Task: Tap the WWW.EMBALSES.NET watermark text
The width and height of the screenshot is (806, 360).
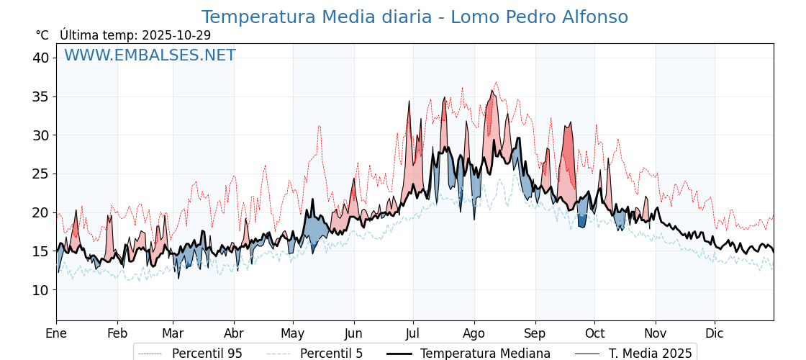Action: tap(150, 55)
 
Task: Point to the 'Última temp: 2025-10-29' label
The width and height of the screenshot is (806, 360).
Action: tap(135, 35)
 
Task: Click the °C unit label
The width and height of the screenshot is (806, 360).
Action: tap(42, 35)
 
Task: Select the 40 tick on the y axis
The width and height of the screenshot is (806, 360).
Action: tap(40, 58)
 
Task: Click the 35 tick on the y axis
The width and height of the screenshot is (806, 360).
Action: tap(40, 96)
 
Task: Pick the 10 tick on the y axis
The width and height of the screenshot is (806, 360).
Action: tap(40, 290)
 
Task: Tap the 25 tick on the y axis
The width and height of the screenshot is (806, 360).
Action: tap(40, 174)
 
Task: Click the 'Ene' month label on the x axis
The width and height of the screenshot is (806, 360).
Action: tap(56, 333)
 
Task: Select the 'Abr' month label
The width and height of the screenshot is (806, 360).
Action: tap(234, 333)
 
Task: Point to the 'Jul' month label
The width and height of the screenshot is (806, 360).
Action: tap(413, 333)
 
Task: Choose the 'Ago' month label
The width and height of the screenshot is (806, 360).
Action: tap(474, 333)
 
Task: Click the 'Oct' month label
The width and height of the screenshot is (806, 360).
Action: tap(594, 333)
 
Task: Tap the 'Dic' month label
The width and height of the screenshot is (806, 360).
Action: tap(715, 333)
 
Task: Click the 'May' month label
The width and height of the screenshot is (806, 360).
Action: tap(293, 333)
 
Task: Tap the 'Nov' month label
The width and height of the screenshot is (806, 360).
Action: tap(656, 333)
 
